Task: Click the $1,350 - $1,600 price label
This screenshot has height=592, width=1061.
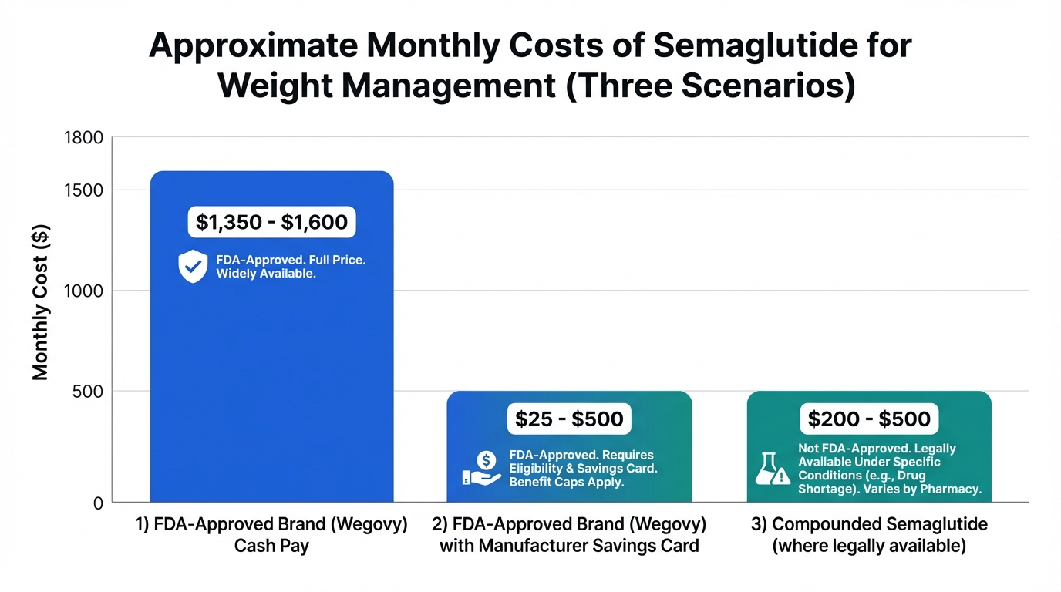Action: (x=271, y=223)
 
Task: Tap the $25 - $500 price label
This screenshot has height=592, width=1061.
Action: (x=569, y=419)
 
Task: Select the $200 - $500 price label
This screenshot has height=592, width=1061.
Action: (x=869, y=419)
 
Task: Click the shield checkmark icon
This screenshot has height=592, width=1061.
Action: (x=192, y=267)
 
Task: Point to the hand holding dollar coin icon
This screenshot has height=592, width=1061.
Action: (x=483, y=469)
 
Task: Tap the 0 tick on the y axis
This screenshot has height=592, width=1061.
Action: (x=98, y=503)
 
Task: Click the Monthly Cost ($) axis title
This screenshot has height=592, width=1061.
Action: (x=41, y=301)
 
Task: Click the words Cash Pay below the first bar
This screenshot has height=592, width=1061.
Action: (x=271, y=547)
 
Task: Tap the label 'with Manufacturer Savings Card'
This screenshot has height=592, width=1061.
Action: (x=569, y=547)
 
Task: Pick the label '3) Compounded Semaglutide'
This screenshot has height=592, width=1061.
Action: (x=869, y=524)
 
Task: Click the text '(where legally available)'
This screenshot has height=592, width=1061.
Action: (x=869, y=547)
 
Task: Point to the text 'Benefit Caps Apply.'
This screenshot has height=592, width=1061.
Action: (x=566, y=483)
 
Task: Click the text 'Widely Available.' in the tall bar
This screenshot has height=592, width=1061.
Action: (x=266, y=274)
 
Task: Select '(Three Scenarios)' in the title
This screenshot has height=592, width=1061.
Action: (x=710, y=86)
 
